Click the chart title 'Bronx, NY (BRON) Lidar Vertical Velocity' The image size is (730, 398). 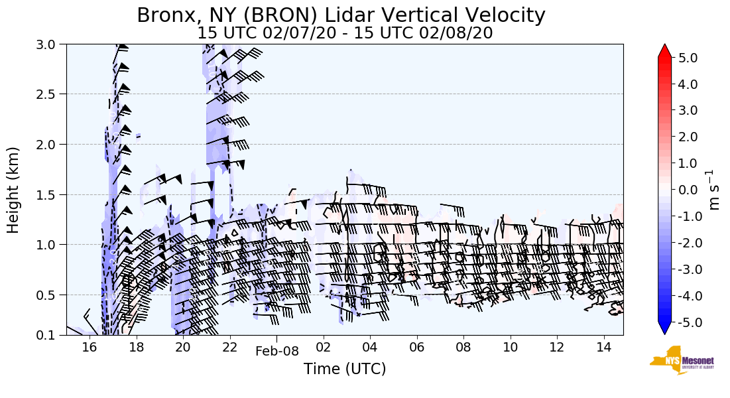tap(341, 15)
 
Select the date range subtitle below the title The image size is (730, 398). tap(345, 33)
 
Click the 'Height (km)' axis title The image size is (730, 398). tap(14, 190)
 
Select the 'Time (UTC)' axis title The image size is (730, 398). tap(345, 369)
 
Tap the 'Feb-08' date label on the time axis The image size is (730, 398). tap(277, 352)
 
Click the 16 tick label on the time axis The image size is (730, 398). tap(90, 347)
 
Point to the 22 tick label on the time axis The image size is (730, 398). tap(229, 347)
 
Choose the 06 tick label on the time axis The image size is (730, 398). tap(416, 347)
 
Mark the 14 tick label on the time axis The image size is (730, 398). tap(603, 347)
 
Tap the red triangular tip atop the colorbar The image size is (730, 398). tap(665, 51)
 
